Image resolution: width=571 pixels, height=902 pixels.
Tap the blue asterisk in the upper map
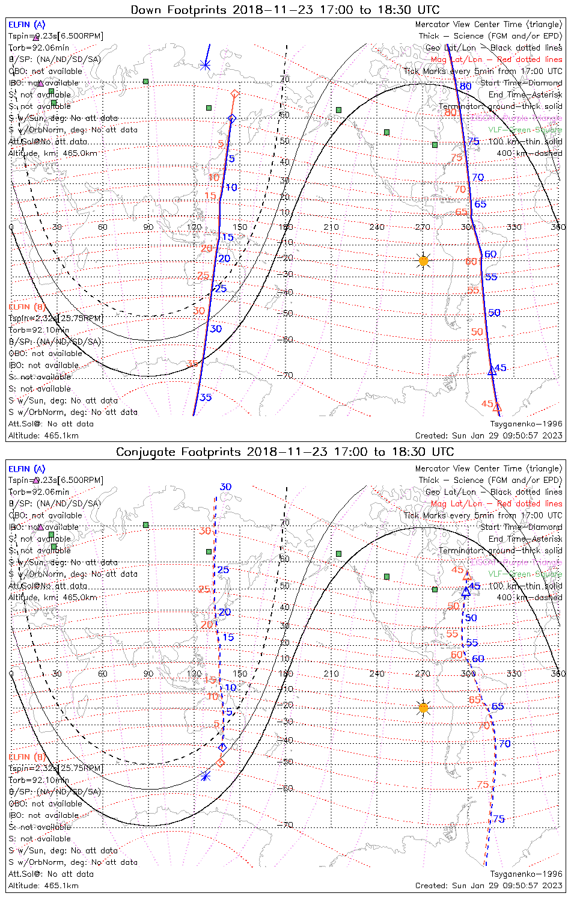(206, 64)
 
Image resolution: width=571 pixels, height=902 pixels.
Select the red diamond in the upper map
(235, 93)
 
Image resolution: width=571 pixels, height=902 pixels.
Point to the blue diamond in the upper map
(232, 118)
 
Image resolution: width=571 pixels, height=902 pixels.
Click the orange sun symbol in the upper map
(424, 261)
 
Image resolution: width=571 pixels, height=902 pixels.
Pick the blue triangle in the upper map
(492, 370)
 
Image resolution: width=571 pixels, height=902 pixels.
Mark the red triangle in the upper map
(496, 408)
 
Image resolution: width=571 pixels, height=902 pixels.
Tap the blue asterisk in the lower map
(206, 776)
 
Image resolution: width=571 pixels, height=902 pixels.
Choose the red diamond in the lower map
(220, 762)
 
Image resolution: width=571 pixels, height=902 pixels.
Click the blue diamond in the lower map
(222, 747)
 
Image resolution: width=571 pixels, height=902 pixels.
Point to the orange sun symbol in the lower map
(424, 708)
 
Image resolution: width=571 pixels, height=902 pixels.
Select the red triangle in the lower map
(467, 575)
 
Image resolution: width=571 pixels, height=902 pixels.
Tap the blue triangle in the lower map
(466, 592)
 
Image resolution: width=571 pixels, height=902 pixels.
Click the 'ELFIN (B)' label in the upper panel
(27, 307)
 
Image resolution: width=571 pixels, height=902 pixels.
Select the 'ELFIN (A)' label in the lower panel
(27, 469)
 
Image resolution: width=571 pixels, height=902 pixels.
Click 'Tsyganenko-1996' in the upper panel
(526, 424)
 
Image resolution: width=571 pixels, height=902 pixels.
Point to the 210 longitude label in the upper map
(331, 227)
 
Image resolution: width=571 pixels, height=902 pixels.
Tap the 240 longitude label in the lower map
(377, 673)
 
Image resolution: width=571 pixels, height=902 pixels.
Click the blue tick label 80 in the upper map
(466, 87)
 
